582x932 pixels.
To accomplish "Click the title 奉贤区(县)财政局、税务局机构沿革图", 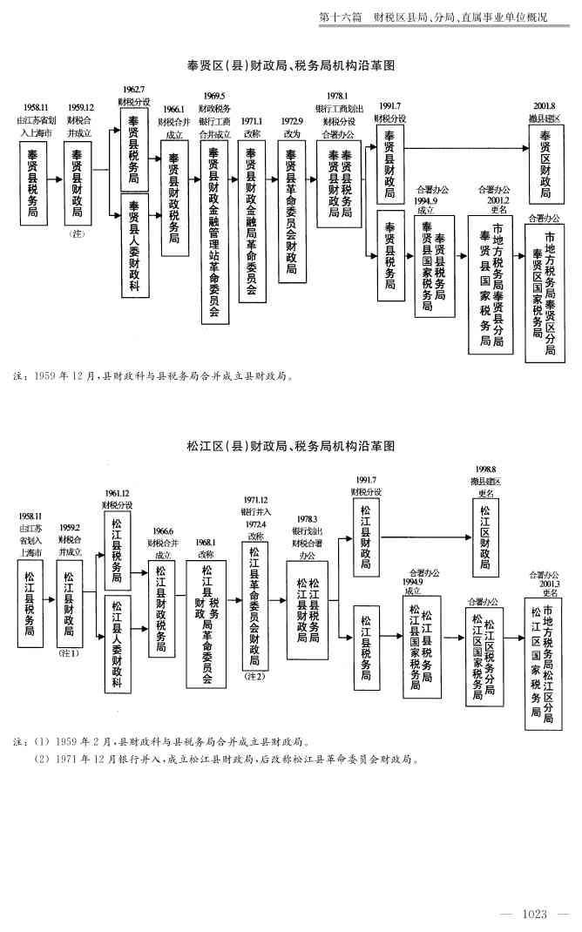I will click(291, 65).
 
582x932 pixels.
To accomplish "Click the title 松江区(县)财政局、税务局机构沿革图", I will click(291, 446).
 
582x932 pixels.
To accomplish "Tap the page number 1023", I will click(534, 914).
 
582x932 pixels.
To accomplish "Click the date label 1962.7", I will click(133, 90).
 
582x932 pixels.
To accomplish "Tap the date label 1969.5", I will click(214, 97).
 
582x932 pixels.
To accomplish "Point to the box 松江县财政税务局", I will click(161, 608).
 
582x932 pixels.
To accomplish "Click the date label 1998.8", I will click(485, 469).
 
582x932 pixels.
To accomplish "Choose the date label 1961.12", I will click(118, 493).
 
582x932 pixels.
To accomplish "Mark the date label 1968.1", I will click(206, 542).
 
